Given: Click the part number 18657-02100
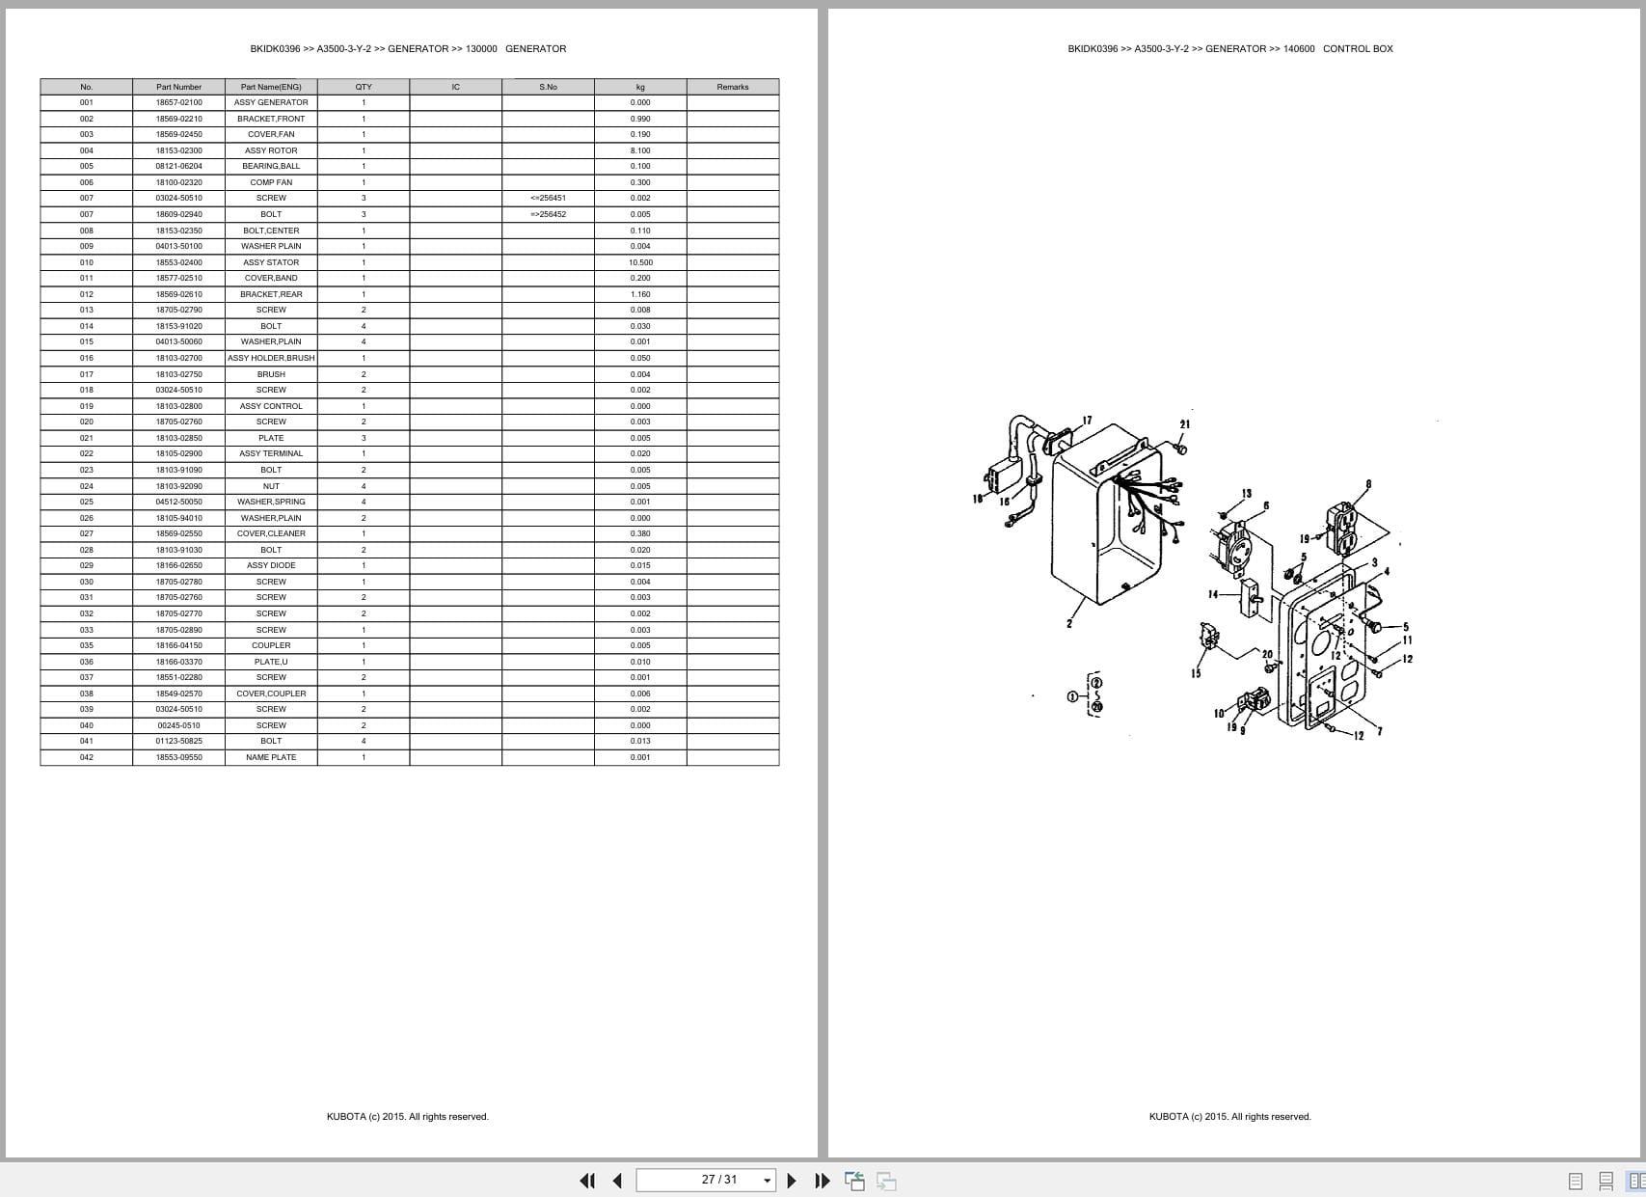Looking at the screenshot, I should pos(178,102).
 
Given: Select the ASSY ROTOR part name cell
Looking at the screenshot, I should pos(271,150).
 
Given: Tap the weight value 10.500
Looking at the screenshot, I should pos(640,262).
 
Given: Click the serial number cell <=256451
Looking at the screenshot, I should pos(548,198).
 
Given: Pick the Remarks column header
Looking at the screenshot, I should pos(732,87).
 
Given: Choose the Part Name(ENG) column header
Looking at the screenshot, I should pos(271,87).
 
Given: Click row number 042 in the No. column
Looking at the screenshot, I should pos(87,757).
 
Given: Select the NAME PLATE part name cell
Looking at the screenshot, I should pos(271,757).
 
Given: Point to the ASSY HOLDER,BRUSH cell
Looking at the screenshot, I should pos(271,358).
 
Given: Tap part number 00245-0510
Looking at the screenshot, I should pos(178,725).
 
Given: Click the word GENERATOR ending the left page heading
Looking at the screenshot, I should pos(535,48).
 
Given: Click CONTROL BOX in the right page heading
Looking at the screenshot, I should pos(1358,48).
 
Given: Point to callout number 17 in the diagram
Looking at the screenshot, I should pos(1088,421).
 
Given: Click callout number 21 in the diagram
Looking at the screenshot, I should pos(1184,424).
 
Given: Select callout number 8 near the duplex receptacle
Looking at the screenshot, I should pos(1368,484).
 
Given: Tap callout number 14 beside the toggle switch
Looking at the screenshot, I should pos(1213,594).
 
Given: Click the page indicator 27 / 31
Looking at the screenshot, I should pos(718,1180).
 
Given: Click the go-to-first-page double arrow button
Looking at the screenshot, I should pos(586,1181).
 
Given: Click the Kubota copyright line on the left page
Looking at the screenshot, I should pos(407,1117).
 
